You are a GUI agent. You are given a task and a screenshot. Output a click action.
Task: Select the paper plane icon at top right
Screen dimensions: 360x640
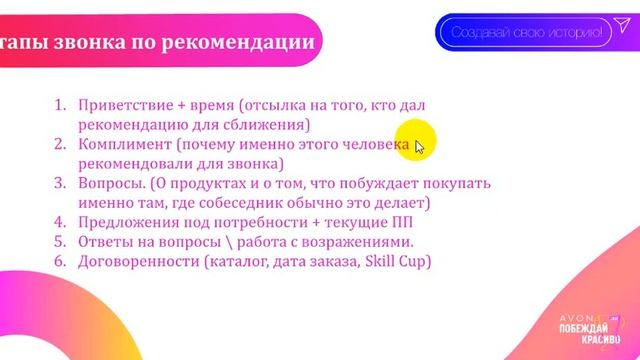623,31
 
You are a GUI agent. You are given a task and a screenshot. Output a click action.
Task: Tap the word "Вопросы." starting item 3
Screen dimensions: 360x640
109,184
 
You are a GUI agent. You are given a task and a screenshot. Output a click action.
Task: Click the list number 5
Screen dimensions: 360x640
58,243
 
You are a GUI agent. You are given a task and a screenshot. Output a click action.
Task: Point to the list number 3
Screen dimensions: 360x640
58,184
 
